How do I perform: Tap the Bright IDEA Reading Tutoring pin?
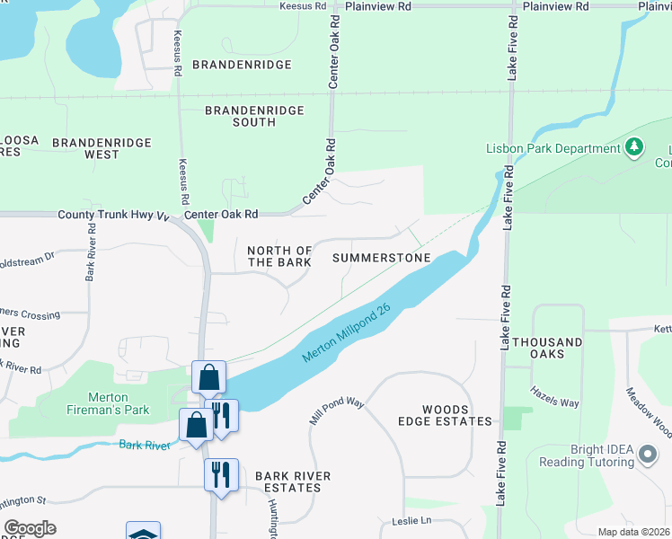[x=646, y=455]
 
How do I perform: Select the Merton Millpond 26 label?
[x=349, y=331]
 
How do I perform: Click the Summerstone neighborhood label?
[x=381, y=258]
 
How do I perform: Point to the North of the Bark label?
[x=279, y=256]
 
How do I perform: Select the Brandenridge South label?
[x=254, y=116]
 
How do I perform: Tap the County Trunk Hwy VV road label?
[x=113, y=216]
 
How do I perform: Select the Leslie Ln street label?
[x=411, y=521]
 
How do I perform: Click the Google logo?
[x=30, y=528]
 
